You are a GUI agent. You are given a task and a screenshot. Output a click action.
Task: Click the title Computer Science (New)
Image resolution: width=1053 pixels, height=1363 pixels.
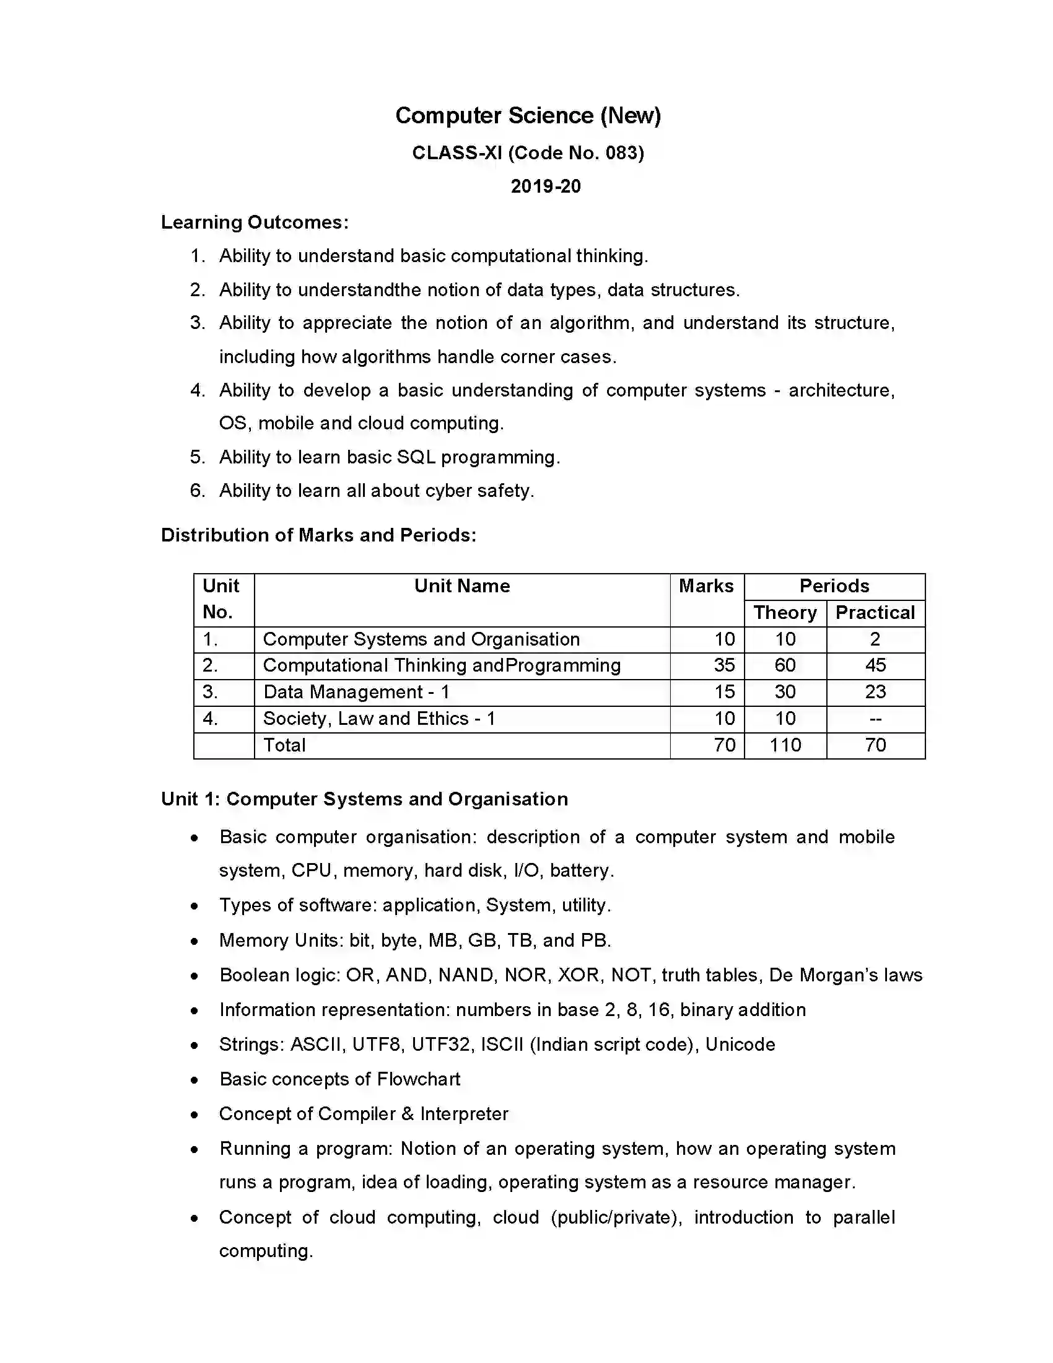528,115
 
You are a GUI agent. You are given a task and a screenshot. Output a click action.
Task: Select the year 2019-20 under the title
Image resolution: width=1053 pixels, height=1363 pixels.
545,186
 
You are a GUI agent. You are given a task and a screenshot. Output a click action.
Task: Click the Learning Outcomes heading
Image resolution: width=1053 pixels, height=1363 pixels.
255,222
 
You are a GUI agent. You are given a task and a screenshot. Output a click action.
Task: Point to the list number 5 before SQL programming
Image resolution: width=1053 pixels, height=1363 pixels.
197,457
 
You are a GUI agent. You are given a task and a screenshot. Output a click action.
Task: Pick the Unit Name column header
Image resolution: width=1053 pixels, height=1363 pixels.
461,585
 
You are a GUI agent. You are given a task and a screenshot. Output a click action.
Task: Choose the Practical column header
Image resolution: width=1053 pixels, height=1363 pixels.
875,612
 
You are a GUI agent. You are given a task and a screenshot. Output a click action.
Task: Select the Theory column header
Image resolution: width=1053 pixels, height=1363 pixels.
785,612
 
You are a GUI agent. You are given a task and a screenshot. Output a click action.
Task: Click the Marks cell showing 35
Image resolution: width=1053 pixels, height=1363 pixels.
723,665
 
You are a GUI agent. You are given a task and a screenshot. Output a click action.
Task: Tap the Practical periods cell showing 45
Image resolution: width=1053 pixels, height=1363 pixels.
875,665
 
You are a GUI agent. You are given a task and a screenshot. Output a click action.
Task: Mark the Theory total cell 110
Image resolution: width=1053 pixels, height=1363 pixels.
785,745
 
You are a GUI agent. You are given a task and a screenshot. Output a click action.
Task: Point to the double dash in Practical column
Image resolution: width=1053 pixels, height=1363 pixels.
875,719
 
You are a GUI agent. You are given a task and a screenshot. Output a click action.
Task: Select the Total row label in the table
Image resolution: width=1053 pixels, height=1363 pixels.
284,745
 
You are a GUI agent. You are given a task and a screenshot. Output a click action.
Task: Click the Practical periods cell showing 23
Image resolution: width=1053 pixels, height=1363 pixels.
875,691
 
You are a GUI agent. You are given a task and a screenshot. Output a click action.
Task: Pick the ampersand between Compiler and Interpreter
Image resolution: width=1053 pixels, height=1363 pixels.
408,1113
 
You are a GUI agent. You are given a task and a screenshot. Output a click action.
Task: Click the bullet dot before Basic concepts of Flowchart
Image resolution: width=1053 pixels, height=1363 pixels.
195,1080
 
